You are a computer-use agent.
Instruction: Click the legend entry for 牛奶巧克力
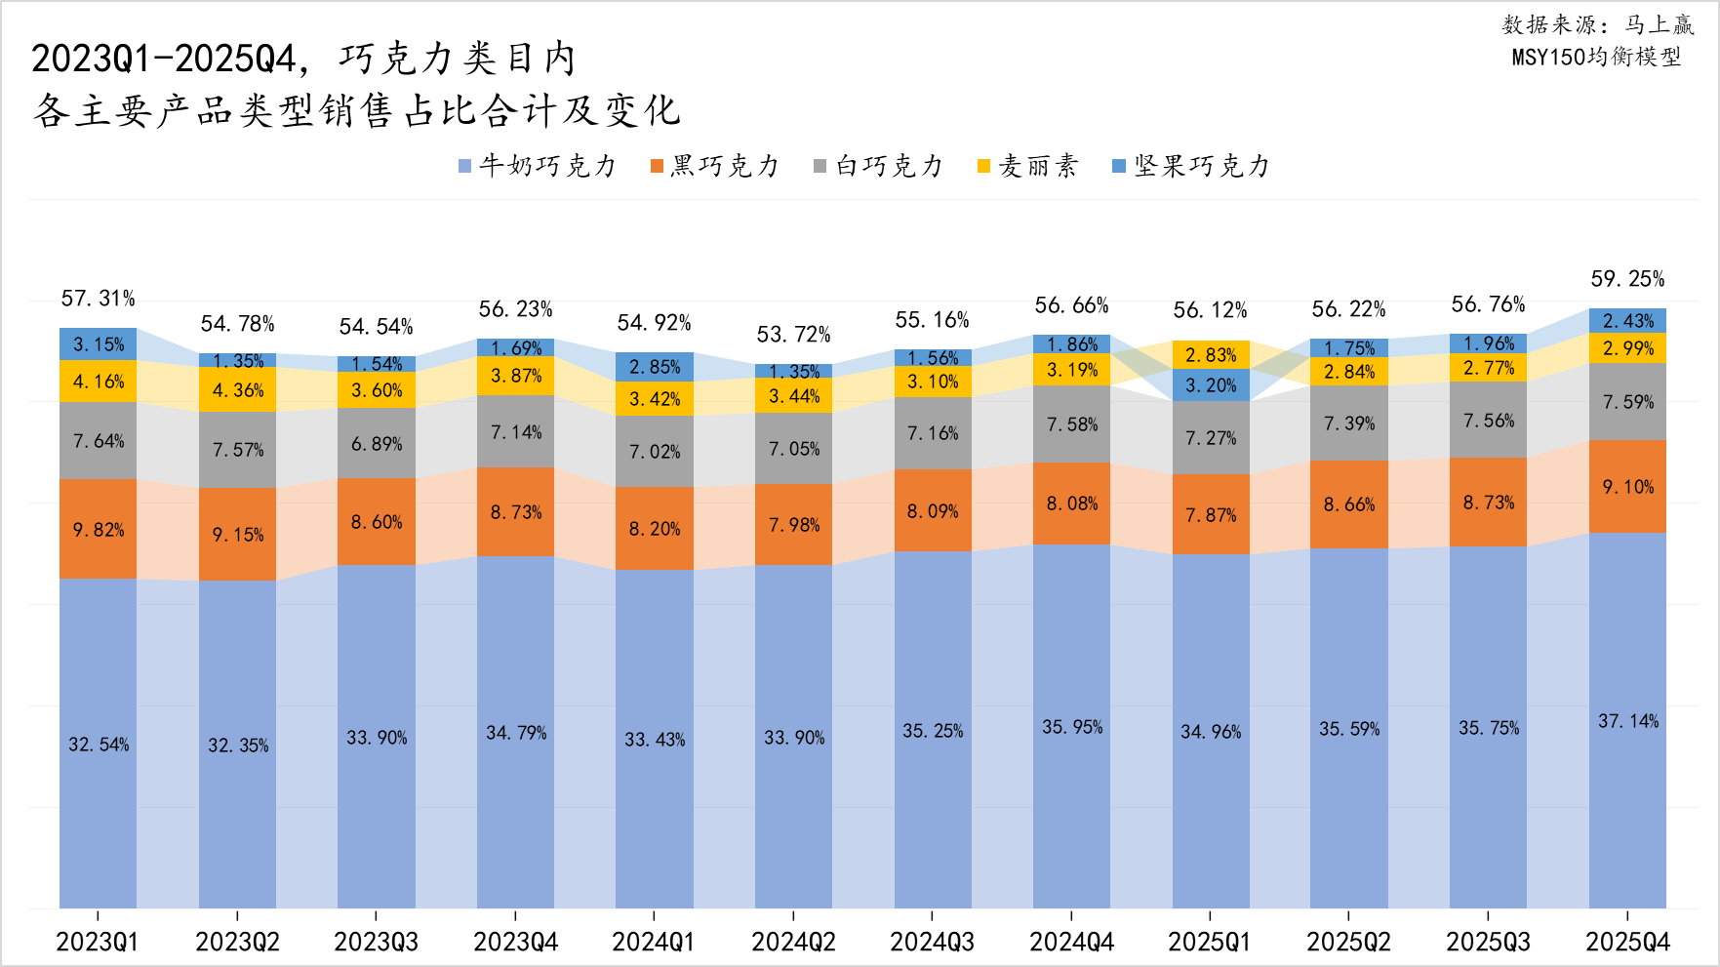click(539, 166)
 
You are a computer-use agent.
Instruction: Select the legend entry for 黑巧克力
click(715, 166)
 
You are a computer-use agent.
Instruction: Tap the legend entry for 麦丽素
click(1027, 166)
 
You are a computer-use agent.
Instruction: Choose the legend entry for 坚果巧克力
click(1191, 166)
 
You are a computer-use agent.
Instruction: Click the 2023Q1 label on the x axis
click(98, 942)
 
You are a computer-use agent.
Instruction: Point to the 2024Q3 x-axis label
click(932, 942)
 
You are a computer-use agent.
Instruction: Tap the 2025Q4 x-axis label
click(1627, 942)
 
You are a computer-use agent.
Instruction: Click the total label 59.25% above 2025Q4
click(1627, 279)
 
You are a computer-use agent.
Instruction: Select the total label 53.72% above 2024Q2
click(793, 335)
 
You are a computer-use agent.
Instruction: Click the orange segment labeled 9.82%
click(98, 529)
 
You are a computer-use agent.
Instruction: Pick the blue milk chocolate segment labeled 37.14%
click(1627, 720)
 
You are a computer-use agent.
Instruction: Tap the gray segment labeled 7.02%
click(654, 451)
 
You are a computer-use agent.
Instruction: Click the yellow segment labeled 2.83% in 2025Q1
click(1210, 355)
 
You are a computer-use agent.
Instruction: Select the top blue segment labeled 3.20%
click(1210, 385)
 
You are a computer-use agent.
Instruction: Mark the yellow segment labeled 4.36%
click(237, 389)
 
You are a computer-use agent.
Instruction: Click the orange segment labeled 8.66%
click(1348, 504)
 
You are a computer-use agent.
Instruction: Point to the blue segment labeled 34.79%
click(515, 732)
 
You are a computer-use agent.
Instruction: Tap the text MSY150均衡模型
click(1596, 57)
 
